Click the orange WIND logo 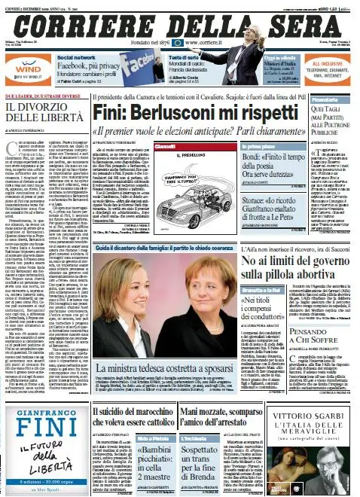pyautogui.click(x=23, y=66)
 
